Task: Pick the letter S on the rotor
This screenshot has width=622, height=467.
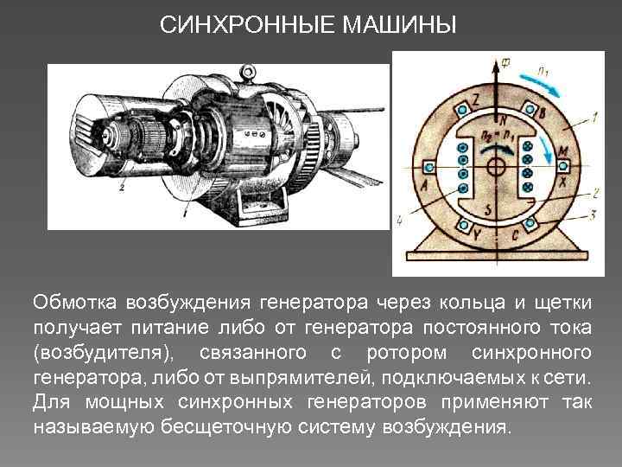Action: point(491,209)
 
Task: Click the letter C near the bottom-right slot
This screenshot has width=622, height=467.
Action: point(517,234)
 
